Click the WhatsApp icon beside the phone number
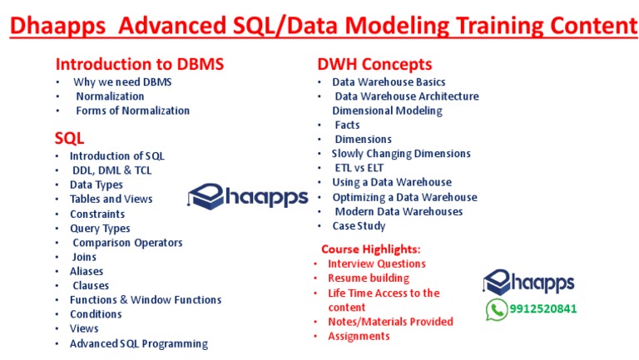[497, 309]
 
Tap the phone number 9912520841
[542, 309]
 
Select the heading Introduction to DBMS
[139, 64]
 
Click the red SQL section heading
[69, 138]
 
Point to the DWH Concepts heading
[374, 64]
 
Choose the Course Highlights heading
[370, 249]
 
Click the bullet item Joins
[85, 257]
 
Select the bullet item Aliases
[87, 271]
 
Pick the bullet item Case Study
[359, 225]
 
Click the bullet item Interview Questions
[376, 264]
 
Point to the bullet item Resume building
[369, 278]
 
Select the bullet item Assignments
[359, 336]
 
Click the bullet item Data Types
[96, 185]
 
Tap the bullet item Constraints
[97, 214]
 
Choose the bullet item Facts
[347, 125]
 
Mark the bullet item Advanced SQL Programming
[138, 343]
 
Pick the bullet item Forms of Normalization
[132, 111]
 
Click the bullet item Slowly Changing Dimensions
[401, 153]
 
